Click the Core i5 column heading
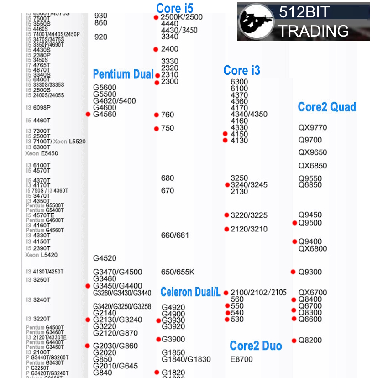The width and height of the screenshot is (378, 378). pyautogui.click(x=174, y=8)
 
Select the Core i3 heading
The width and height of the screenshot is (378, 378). pyautogui.click(x=241, y=70)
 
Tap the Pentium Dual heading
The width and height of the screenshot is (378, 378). pyautogui.click(x=123, y=74)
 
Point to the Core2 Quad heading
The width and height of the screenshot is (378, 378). pyautogui.click(x=327, y=107)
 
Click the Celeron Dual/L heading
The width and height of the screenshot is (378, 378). pyautogui.click(x=190, y=292)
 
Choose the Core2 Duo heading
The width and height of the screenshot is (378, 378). pyautogui.click(x=256, y=346)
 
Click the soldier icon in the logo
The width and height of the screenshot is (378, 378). pyautogui.click(x=256, y=21)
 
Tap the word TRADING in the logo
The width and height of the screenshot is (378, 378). pyautogui.click(x=314, y=31)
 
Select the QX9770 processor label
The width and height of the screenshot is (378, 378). pyautogui.click(x=313, y=128)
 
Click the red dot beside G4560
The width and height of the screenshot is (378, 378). pyautogui.click(x=88, y=114)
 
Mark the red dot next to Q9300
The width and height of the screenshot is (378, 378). pyautogui.click(x=293, y=272)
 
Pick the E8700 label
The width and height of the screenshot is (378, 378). pyautogui.click(x=241, y=359)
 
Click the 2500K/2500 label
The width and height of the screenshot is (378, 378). pyautogui.click(x=182, y=17)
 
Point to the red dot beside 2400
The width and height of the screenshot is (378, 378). pyautogui.click(x=156, y=49)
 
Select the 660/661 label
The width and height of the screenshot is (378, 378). pyautogui.click(x=175, y=236)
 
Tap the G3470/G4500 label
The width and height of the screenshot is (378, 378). pyautogui.click(x=117, y=272)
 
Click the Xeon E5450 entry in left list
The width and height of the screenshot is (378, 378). pyautogui.click(x=42, y=154)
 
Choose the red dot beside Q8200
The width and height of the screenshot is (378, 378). pyautogui.click(x=294, y=340)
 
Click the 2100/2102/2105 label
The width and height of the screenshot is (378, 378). pyautogui.click(x=258, y=293)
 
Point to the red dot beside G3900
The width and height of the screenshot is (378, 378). pyautogui.click(x=158, y=339)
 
